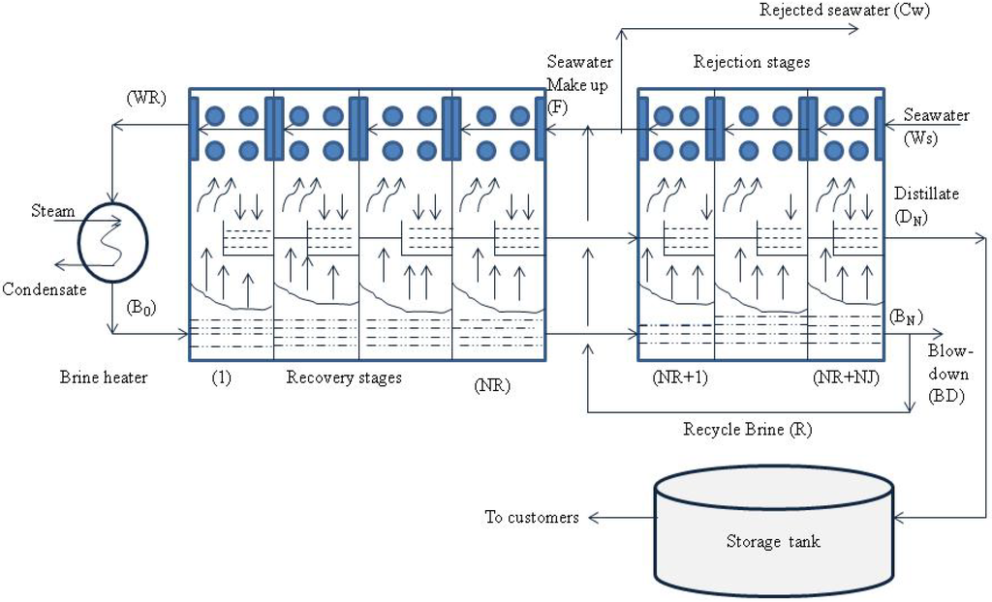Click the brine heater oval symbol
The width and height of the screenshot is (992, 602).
(113, 241)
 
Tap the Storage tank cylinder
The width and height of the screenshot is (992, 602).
(772, 529)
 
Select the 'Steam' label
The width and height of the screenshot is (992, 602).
(51, 210)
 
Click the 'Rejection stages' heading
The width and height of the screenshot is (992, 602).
(752, 62)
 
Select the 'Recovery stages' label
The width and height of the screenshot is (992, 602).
(344, 377)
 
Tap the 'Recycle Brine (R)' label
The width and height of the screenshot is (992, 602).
(747, 429)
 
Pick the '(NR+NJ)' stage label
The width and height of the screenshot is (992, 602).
(845, 378)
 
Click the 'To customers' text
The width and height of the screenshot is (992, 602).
(532, 517)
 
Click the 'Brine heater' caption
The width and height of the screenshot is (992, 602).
(104, 377)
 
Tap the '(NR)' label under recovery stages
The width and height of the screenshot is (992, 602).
(493, 384)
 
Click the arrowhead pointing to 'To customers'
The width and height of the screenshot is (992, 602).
(591, 518)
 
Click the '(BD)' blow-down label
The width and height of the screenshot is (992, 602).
(945, 397)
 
